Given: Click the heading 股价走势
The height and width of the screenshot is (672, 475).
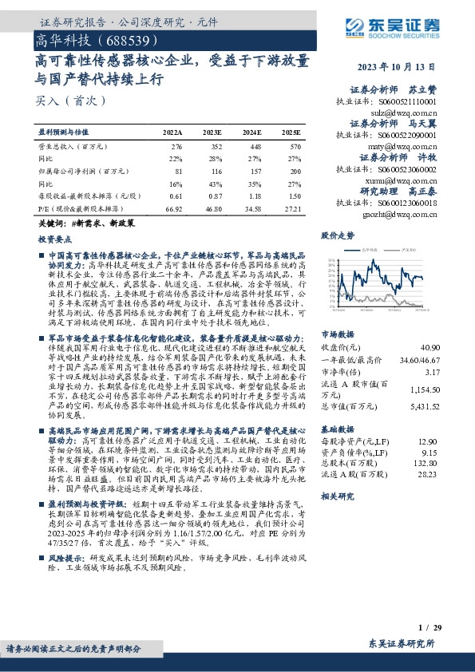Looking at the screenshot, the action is pyautogui.click(x=336, y=236).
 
